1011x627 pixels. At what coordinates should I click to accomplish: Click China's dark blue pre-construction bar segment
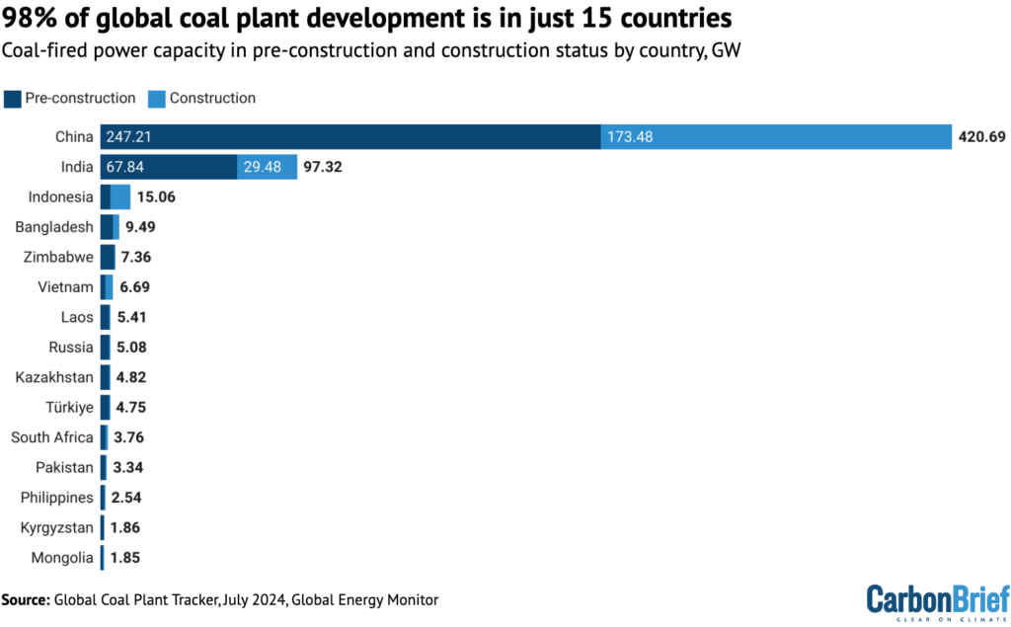[350, 137]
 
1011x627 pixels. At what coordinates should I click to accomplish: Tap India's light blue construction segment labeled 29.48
[267, 167]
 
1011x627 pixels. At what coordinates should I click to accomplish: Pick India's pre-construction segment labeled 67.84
[169, 167]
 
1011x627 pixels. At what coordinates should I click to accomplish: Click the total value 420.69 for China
[981, 137]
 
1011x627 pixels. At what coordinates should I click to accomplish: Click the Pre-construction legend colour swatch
[13, 98]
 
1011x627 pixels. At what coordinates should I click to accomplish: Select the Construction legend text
[212, 98]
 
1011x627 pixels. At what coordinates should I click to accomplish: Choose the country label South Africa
[52, 437]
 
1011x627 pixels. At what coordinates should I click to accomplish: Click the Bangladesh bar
[110, 227]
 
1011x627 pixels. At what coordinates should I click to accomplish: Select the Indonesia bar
[116, 197]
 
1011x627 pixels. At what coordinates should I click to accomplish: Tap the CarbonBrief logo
[937, 601]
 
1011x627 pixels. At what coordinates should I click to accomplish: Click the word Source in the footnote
[27, 599]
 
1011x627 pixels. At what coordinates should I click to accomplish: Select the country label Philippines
[54, 498]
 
